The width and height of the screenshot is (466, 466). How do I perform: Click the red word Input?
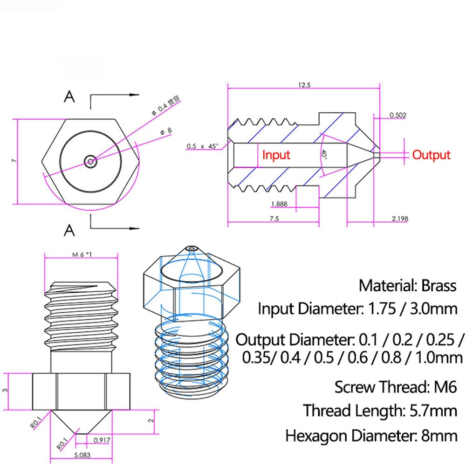[x=276, y=155]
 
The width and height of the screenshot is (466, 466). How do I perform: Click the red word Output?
[x=432, y=155]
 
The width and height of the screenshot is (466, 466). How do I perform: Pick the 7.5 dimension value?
[x=273, y=219]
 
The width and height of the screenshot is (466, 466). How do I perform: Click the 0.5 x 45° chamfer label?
[x=202, y=146]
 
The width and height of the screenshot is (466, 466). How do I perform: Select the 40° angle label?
[x=323, y=154]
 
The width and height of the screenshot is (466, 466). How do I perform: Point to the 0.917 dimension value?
[x=102, y=439]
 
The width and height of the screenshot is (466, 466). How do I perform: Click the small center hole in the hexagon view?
[x=90, y=162]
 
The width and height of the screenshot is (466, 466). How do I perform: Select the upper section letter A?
[x=69, y=97]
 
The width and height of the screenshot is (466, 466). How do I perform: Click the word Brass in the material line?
[x=439, y=285]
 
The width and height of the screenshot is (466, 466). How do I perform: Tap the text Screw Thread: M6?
[x=395, y=387]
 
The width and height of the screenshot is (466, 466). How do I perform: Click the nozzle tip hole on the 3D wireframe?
[x=191, y=248]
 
